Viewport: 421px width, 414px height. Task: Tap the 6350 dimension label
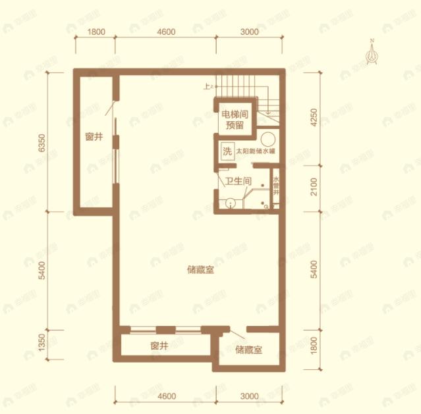(x=42, y=143)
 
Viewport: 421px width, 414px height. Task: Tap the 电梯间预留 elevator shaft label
(x=235, y=118)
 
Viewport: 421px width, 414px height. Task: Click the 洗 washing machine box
(x=227, y=151)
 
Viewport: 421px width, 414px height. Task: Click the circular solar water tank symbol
(x=267, y=139)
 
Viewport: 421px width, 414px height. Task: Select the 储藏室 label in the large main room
(x=200, y=269)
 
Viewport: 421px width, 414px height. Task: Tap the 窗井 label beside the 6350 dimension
(x=94, y=138)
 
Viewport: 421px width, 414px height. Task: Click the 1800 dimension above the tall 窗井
(x=96, y=32)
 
